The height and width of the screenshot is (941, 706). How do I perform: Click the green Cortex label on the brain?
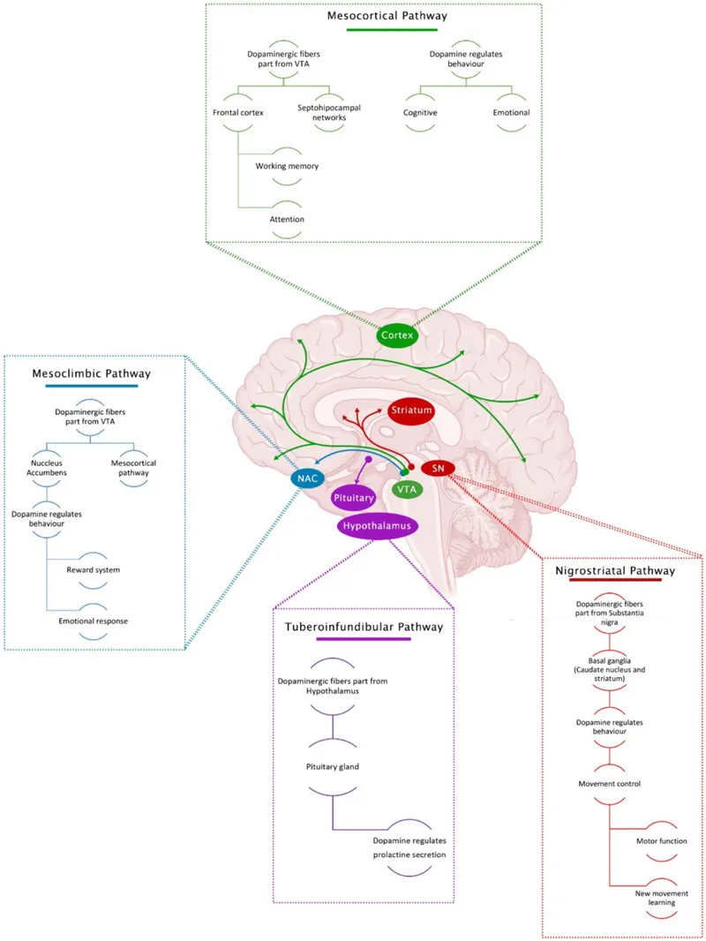[395, 335]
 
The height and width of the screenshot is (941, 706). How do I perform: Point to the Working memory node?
[287, 166]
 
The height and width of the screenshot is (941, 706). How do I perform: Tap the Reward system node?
[93, 569]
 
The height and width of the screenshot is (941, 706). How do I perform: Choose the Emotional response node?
[93, 621]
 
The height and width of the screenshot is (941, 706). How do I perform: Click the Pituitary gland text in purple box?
[332, 767]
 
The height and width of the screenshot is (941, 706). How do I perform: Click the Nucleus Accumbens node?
[47, 467]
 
